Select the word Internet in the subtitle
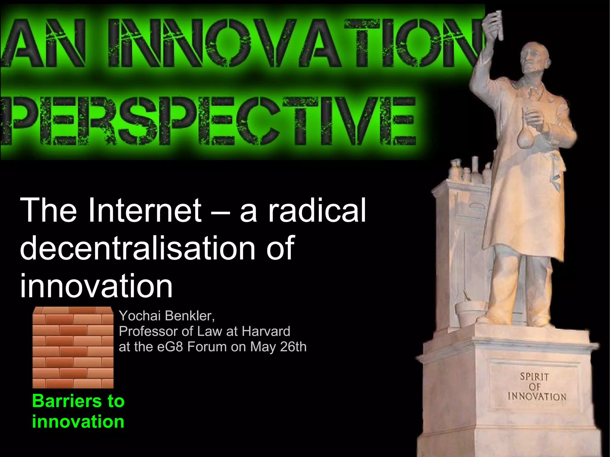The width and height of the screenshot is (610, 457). [x=145, y=210]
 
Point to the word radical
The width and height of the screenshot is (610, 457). [x=317, y=210]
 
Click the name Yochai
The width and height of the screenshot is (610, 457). [x=140, y=316]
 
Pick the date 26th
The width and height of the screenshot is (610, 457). [x=293, y=347]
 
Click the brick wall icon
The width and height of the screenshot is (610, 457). [x=73, y=347]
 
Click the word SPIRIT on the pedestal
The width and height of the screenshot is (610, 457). [x=534, y=377]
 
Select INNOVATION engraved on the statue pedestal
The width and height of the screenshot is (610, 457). [x=537, y=397]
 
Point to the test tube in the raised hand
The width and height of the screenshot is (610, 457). [x=498, y=25]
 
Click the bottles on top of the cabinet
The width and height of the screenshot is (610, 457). [x=468, y=171]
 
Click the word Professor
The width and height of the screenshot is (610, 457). [x=149, y=331]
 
